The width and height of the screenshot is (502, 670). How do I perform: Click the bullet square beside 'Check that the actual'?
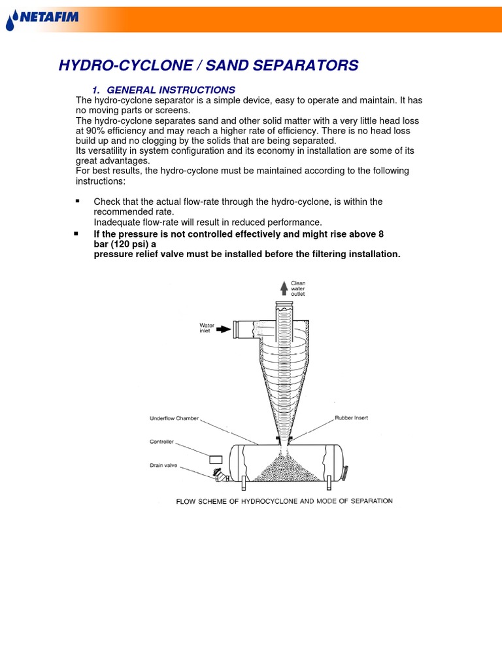(77, 201)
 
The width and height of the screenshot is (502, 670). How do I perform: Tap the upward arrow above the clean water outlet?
(283, 287)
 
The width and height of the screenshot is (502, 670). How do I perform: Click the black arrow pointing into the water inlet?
(224, 328)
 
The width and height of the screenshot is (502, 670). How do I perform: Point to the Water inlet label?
(207, 328)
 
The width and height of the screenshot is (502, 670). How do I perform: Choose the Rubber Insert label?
(352, 417)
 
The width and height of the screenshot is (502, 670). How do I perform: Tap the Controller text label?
(163, 442)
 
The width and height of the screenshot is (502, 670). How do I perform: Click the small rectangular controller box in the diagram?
(216, 459)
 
